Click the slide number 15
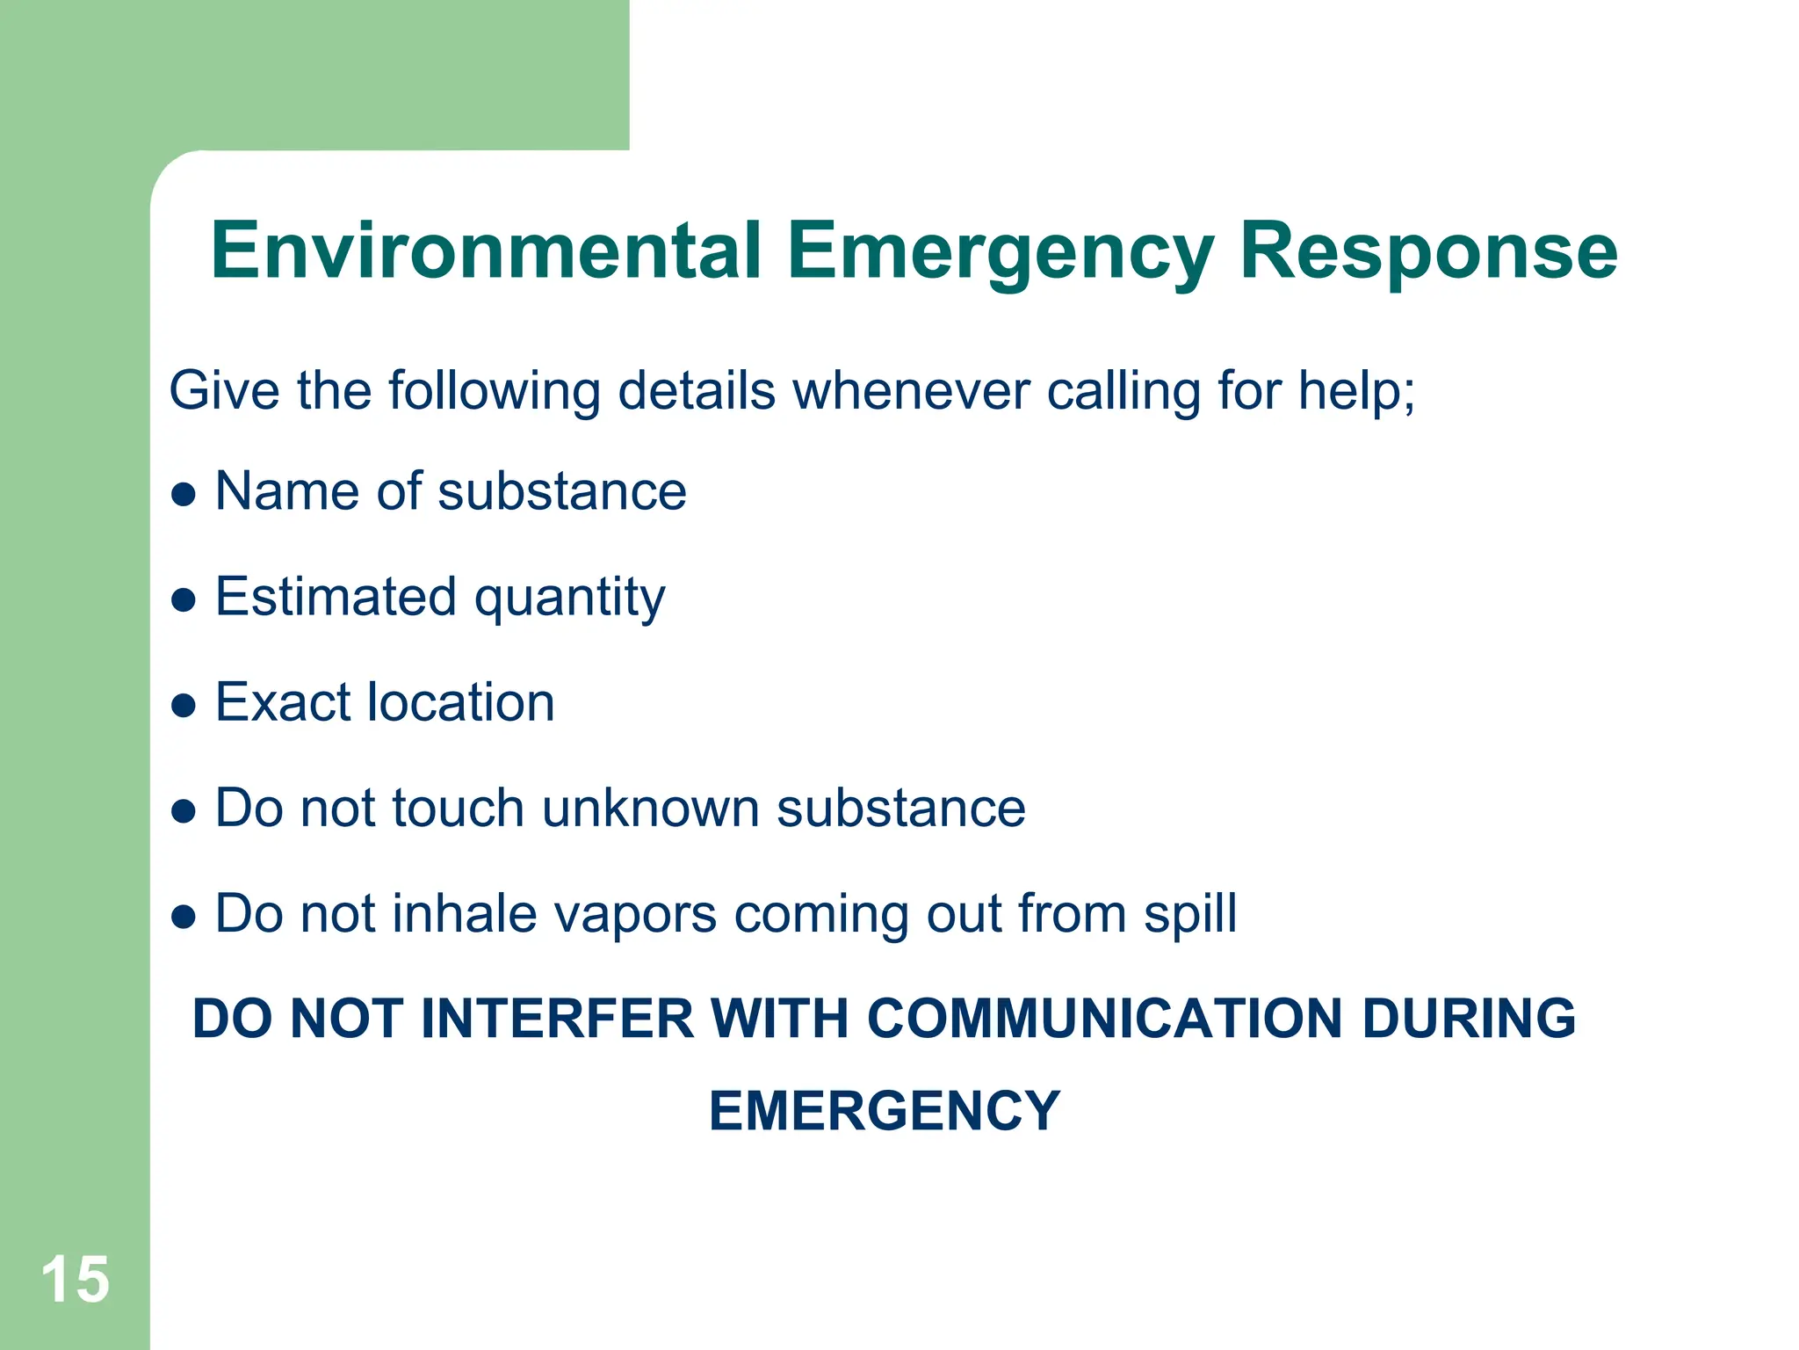[x=76, y=1280]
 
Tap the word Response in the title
[x=1427, y=253]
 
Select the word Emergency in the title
[x=1001, y=253]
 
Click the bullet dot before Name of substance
[x=184, y=495]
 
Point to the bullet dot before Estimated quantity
[x=184, y=600]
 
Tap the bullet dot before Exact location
[x=184, y=706]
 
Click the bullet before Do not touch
[x=184, y=811]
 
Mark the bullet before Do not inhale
[x=184, y=917]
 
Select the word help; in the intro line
[x=1356, y=390]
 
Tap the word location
[x=461, y=702]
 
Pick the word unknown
[x=651, y=808]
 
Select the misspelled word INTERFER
[x=558, y=1019]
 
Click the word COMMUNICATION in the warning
[x=1105, y=1019]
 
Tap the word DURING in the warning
[x=1469, y=1019]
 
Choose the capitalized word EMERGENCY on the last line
[x=885, y=1111]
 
